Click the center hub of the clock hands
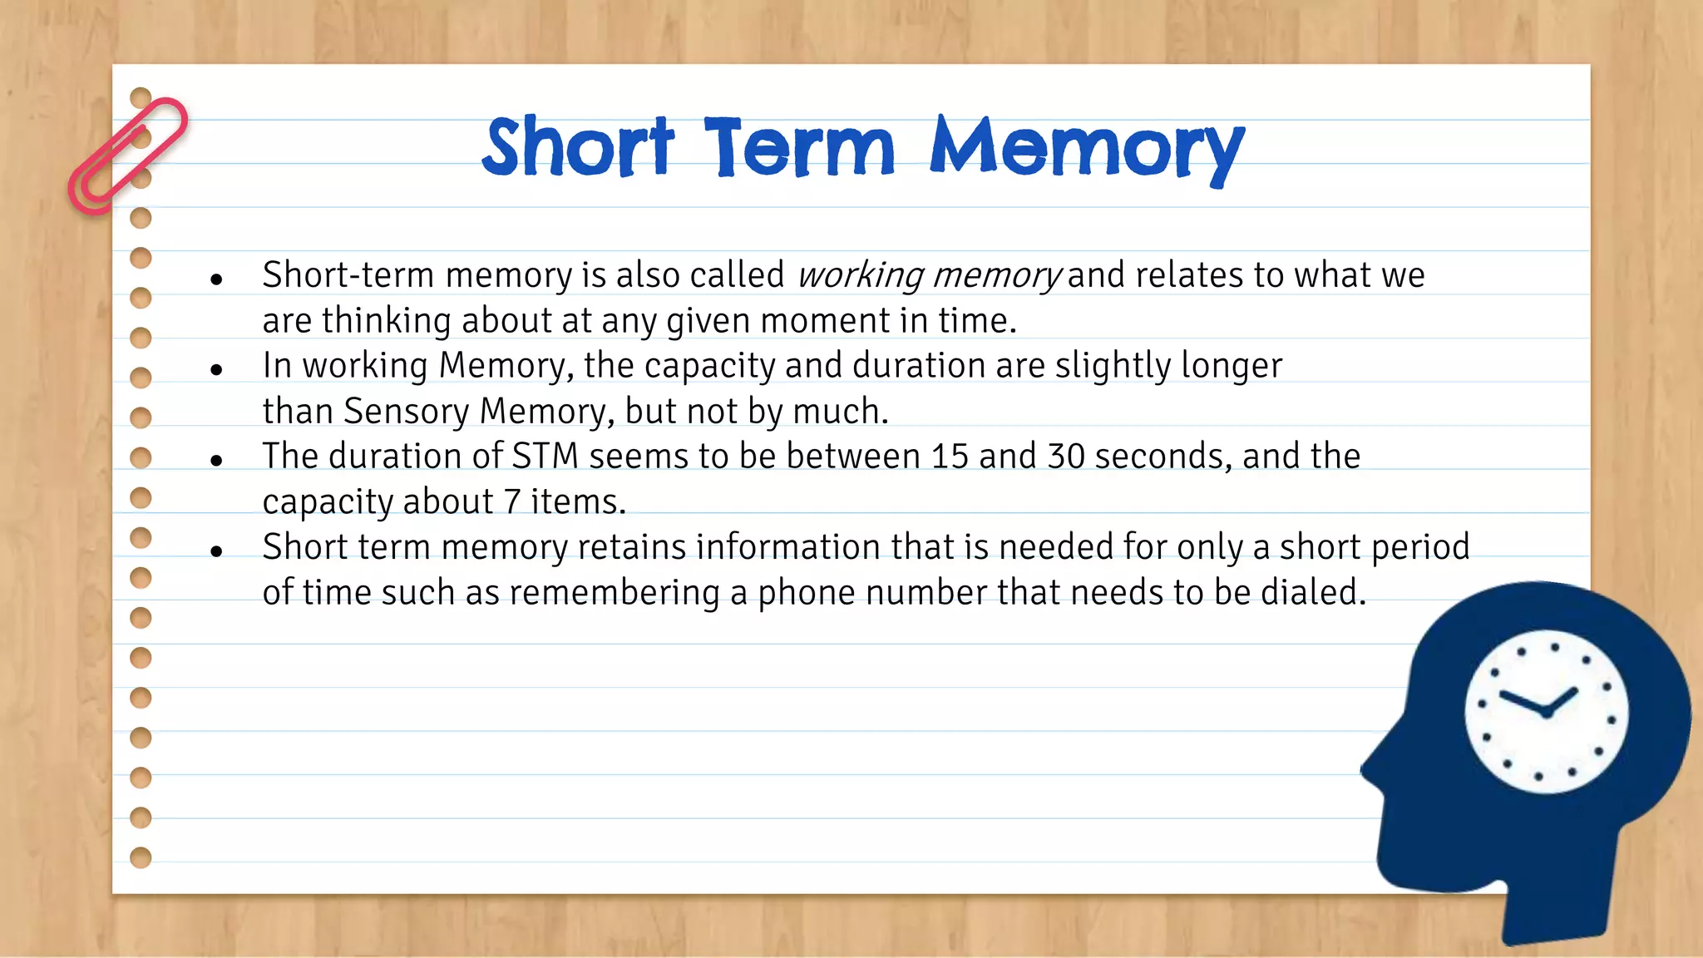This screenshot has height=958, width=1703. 1546,712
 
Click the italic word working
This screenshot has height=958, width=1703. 861,275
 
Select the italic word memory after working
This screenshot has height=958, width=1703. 995,275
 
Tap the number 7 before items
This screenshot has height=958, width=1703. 512,502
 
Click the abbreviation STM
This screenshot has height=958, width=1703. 545,457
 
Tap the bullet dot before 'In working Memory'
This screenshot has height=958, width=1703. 216,369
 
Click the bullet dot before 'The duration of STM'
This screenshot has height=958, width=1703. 216,460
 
